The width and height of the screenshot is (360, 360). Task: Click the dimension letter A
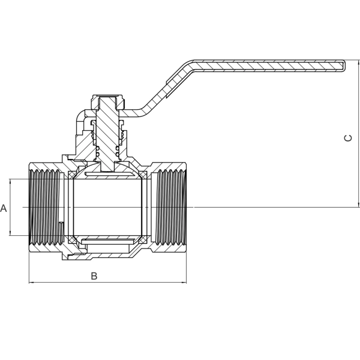[x=4, y=208]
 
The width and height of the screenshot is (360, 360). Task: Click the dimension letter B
[x=94, y=276]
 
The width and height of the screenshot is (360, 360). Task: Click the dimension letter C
[x=348, y=138]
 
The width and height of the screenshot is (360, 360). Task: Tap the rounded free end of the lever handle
[x=344, y=65]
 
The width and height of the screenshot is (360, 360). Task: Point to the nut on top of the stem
[x=109, y=102]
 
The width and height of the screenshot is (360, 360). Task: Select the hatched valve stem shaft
[x=107, y=133]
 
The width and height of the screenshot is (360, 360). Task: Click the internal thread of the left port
[x=47, y=207]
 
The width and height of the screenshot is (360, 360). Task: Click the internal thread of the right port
[x=170, y=207]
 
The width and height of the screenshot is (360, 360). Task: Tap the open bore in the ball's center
[x=107, y=207]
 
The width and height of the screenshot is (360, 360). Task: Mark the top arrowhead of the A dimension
[x=10, y=181]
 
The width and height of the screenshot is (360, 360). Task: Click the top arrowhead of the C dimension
[x=358, y=62]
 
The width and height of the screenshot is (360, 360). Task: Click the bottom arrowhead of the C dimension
[x=358, y=205]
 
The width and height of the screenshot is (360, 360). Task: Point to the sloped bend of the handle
[x=167, y=87]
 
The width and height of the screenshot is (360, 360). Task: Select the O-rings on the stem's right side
[x=118, y=152]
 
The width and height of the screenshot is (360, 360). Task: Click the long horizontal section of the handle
[x=269, y=65]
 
